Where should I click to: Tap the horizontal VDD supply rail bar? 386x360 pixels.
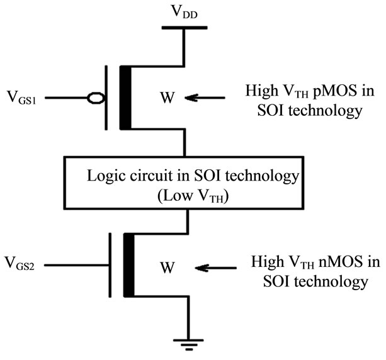point(184,28)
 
